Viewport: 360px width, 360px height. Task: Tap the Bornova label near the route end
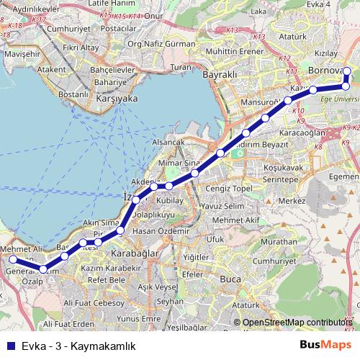tap(325, 71)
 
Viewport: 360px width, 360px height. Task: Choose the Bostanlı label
tap(73, 94)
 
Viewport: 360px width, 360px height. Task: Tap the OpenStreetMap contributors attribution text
tap(300, 323)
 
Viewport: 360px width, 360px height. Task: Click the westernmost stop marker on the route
tap(13, 259)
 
